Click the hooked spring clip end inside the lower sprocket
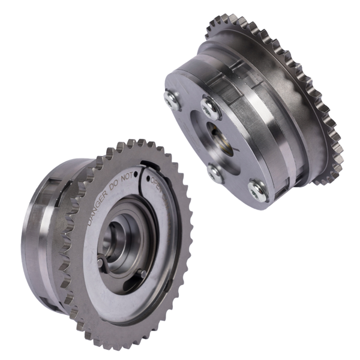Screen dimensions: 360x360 (100, 262)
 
